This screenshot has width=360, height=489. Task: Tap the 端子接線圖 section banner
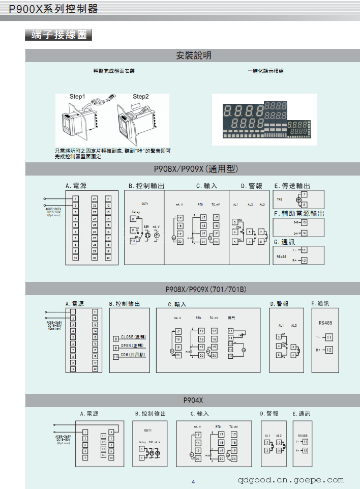58,36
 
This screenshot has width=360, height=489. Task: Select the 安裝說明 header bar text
193,55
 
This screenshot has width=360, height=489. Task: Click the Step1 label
78,97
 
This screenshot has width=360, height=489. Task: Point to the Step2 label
141,97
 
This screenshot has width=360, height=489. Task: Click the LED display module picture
264,120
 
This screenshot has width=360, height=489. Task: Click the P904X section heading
193,400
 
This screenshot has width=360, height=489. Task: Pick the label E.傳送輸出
292,186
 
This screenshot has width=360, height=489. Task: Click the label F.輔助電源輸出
299,213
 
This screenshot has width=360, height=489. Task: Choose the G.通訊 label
284,242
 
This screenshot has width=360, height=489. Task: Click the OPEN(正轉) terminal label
133,346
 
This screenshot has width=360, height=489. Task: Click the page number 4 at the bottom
193,482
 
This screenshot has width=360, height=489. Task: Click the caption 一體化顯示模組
265,71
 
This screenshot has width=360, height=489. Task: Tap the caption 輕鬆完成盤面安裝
114,71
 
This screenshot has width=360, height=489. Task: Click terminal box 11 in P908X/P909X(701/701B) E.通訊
329,337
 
